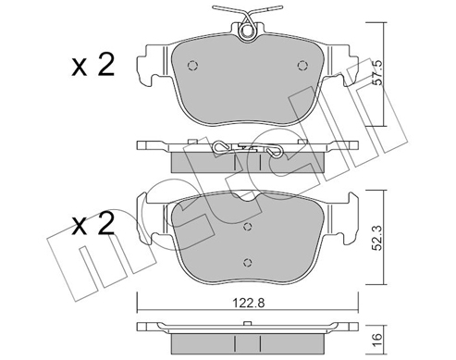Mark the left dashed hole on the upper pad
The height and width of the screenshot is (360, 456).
(x=191, y=65)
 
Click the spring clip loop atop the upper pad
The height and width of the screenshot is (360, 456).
(x=247, y=31)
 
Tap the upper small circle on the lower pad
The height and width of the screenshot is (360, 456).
(x=246, y=226)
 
